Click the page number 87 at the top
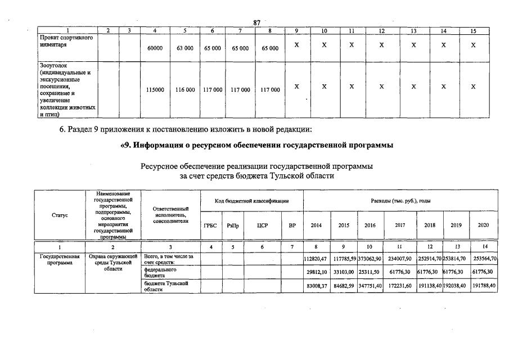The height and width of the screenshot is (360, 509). [256, 22]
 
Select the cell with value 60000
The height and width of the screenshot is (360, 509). [155, 49]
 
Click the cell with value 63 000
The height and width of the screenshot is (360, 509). [185, 49]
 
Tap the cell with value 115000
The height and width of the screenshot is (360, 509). [155, 89]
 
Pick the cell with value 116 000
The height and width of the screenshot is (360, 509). [185, 89]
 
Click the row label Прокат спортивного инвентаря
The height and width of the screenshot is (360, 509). [64, 41]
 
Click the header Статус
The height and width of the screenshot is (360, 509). [60, 214]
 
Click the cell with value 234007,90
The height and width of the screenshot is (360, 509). [400, 259]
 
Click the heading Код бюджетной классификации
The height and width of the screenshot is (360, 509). [252, 201]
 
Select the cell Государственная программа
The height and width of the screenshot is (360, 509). [60, 259]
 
